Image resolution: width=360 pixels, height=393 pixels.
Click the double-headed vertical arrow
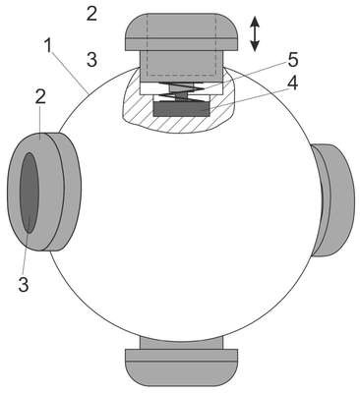coord(255,34)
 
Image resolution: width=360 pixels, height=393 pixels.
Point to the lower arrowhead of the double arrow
coord(255,47)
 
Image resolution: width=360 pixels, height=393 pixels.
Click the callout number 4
coord(292,84)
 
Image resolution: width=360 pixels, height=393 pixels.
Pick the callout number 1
coord(48,46)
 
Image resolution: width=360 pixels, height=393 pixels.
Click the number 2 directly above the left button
coord(40,96)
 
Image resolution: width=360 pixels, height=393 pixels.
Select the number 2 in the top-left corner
coord(91,14)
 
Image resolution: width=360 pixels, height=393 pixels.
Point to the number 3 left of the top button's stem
coord(92,60)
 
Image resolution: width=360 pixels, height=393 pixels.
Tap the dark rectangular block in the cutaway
coord(181,109)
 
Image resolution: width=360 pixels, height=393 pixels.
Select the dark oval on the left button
coord(30,193)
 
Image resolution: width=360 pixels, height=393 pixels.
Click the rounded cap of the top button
coord(181,31)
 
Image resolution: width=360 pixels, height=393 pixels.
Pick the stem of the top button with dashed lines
coord(181,66)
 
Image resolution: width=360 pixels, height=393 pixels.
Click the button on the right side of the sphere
coord(333,199)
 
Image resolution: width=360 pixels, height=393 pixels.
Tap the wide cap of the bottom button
coord(181,367)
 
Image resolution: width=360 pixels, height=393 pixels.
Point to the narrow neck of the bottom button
coord(181,343)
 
